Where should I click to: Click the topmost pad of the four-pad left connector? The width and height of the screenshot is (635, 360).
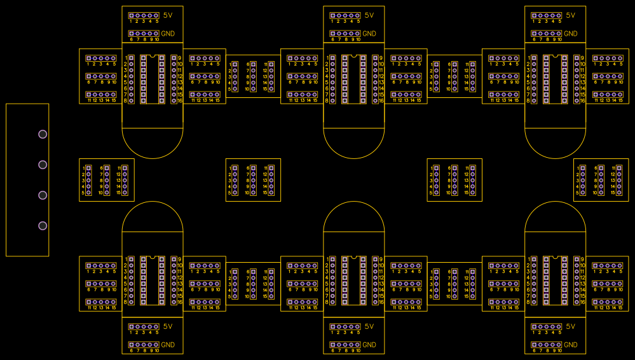(x=43, y=134)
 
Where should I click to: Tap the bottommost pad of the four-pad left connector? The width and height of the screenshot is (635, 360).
(x=43, y=226)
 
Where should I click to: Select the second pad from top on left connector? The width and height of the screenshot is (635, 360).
(x=43, y=165)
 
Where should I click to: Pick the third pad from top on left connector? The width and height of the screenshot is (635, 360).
(x=43, y=195)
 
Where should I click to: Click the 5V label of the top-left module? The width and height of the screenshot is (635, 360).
(x=168, y=15)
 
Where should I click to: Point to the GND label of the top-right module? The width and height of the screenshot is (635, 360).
(x=570, y=34)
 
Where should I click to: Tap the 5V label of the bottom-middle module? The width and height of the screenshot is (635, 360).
(x=369, y=326)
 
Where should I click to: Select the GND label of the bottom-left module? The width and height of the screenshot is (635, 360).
(x=168, y=345)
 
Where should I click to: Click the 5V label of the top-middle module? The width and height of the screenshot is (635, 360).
(x=369, y=15)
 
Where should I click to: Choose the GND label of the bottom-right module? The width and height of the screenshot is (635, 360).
(x=570, y=345)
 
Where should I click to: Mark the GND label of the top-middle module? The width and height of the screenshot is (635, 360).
(x=369, y=34)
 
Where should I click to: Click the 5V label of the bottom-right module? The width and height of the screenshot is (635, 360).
(x=570, y=326)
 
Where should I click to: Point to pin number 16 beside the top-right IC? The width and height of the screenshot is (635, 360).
(x=583, y=100)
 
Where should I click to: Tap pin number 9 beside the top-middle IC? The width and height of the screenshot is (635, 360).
(x=381, y=58)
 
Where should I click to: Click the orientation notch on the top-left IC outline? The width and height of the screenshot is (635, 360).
(x=153, y=57)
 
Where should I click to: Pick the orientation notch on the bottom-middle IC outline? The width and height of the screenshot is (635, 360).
(x=354, y=258)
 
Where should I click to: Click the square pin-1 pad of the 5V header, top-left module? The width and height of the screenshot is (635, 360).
(x=132, y=15)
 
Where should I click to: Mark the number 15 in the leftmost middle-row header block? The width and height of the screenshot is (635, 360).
(x=118, y=193)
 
